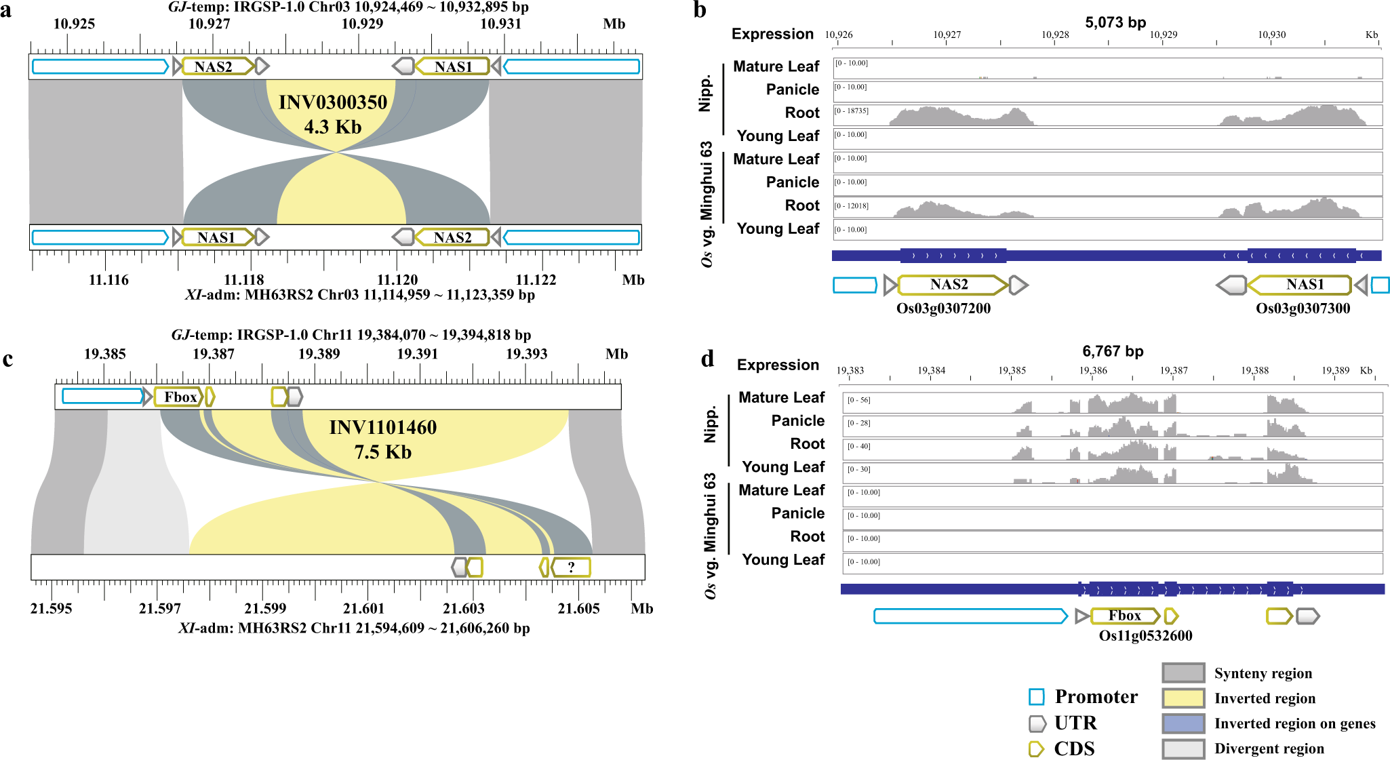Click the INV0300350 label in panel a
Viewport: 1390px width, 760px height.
333,102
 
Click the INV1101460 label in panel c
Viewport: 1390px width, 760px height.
383,428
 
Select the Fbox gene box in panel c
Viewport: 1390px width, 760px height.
179,397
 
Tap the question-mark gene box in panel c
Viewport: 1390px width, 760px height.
572,567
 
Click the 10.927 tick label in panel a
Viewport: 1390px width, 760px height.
209,24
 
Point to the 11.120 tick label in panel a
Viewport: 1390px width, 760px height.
397,280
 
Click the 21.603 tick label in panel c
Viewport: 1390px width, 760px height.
464,608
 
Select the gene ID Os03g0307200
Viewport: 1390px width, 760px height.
943,308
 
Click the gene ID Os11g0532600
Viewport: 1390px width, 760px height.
1145,635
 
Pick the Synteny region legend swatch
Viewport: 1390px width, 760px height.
1183,673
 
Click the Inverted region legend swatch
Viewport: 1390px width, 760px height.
1183,698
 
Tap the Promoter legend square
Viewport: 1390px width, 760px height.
1036,697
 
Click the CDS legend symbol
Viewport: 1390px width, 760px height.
1036,748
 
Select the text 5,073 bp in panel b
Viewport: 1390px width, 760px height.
1115,22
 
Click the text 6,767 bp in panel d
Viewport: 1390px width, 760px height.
1113,351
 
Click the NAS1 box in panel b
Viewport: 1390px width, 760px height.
1304,285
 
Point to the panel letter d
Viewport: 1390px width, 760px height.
707,359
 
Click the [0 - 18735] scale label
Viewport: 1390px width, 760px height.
852,111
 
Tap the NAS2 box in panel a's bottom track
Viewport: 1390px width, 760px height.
452,237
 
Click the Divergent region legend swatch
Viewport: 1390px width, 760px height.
1183,748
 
